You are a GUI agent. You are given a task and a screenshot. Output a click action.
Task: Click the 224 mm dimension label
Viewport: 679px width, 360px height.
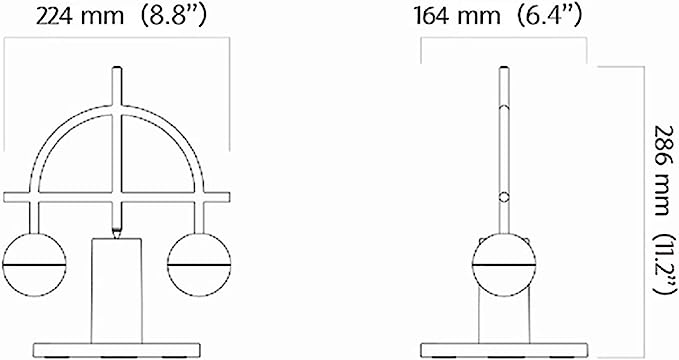point(80,16)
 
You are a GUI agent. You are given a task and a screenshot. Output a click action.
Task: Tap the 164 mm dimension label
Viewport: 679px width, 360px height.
point(457,16)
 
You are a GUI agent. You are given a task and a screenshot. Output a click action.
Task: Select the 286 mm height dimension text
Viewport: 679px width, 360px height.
point(664,170)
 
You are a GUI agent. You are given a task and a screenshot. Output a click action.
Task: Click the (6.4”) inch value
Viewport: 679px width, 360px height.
point(548,16)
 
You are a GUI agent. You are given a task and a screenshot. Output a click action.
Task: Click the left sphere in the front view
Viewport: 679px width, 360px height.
point(34,265)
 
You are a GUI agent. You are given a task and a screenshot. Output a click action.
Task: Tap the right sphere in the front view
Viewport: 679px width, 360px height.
point(199,265)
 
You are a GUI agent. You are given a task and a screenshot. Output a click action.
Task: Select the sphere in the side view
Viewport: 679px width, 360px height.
point(504,265)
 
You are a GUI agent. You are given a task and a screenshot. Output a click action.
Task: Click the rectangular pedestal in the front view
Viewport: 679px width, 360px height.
point(116,291)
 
